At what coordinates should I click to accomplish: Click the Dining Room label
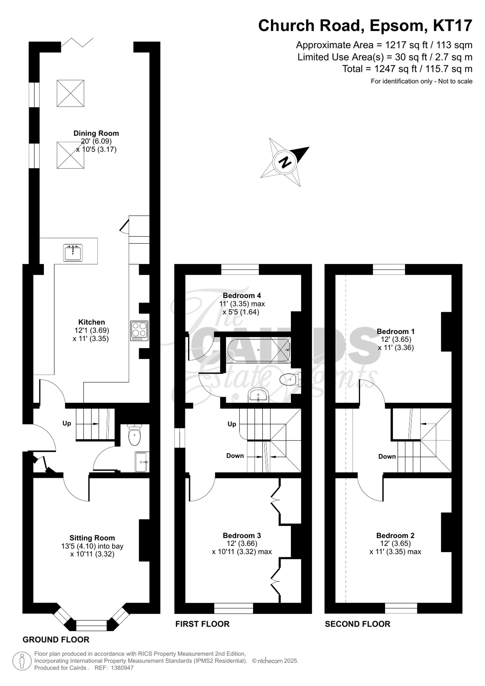pyautogui.click(x=96, y=133)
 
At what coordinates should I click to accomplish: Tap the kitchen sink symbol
pyautogui.click(x=73, y=253)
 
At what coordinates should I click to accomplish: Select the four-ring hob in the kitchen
pyautogui.click(x=139, y=331)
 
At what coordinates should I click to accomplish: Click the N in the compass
pyautogui.click(x=285, y=162)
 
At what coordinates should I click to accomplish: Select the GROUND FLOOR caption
pyautogui.click(x=56, y=640)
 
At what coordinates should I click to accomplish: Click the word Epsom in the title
pyautogui.click(x=396, y=26)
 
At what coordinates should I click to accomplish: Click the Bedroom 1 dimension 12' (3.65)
pyautogui.click(x=396, y=339)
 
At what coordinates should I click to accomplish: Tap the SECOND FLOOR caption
pyautogui.click(x=357, y=624)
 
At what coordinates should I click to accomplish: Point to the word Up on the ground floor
pyautogui.click(x=67, y=423)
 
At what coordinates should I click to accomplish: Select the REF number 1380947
pyautogui.click(x=122, y=668)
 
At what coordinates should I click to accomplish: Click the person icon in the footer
pyautogui.click(x=22, y=661)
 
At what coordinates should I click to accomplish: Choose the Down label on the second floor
pyautogui.click(x=387, y=457)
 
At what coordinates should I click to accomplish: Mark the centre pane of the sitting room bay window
pyautogui.click(x=91, y=625)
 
